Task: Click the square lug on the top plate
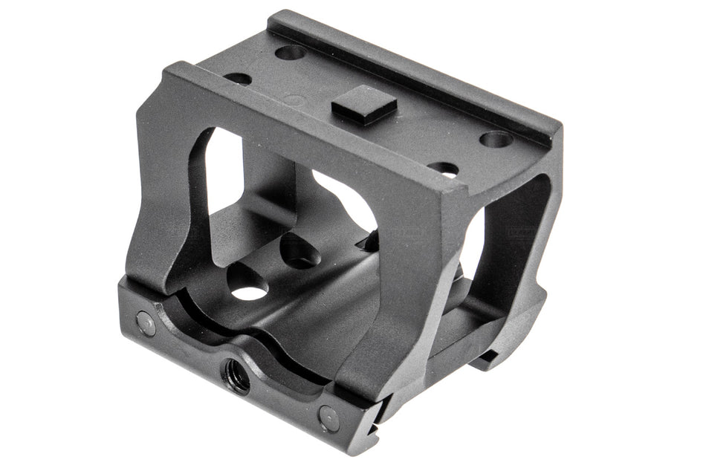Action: point(364,104)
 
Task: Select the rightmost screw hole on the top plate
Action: point(496,139)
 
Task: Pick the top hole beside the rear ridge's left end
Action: point(291,53)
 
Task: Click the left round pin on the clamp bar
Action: point(146,322)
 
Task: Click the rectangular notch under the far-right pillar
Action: point(487,360)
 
